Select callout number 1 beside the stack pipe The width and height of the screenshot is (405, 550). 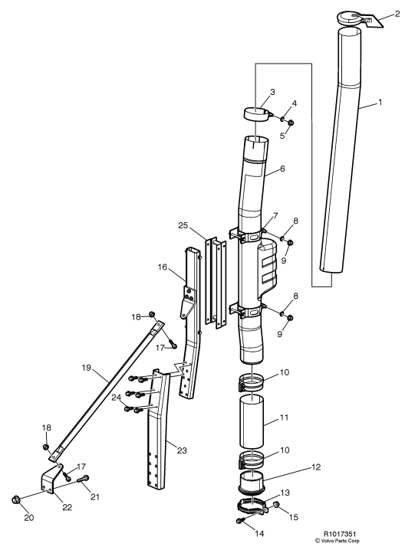tap(380, 102)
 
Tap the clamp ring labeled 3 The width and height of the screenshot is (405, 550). tap(258, 114)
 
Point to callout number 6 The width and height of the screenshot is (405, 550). tap(282, 169)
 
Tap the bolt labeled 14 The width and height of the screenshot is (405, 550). tap(241, 521)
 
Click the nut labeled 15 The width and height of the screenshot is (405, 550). tap(276, 505)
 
